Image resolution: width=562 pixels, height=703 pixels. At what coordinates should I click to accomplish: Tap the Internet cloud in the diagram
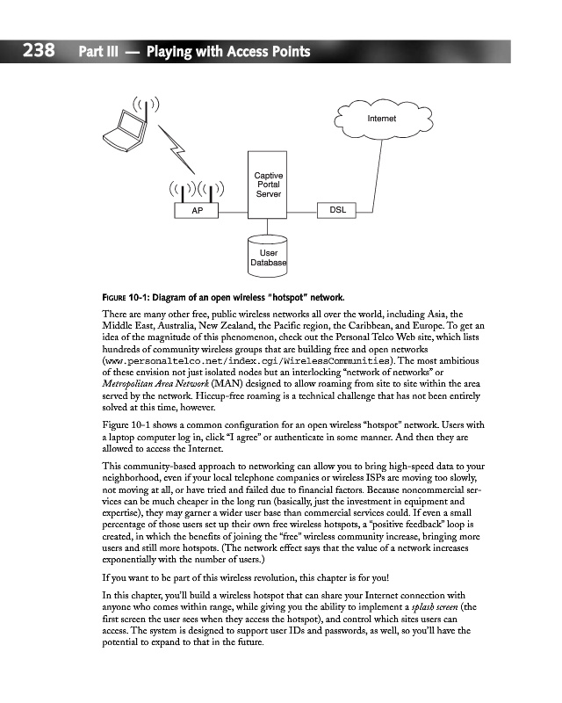(x=381, y=118)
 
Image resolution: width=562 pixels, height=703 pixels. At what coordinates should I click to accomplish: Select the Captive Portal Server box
(x=268, y=185)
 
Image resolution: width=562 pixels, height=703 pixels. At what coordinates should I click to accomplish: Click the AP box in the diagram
(x=197, y=212)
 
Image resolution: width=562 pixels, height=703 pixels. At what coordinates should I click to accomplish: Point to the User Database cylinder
(x=269, y=253)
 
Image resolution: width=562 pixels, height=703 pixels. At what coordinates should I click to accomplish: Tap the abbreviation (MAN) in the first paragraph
(x=227, y=384)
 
